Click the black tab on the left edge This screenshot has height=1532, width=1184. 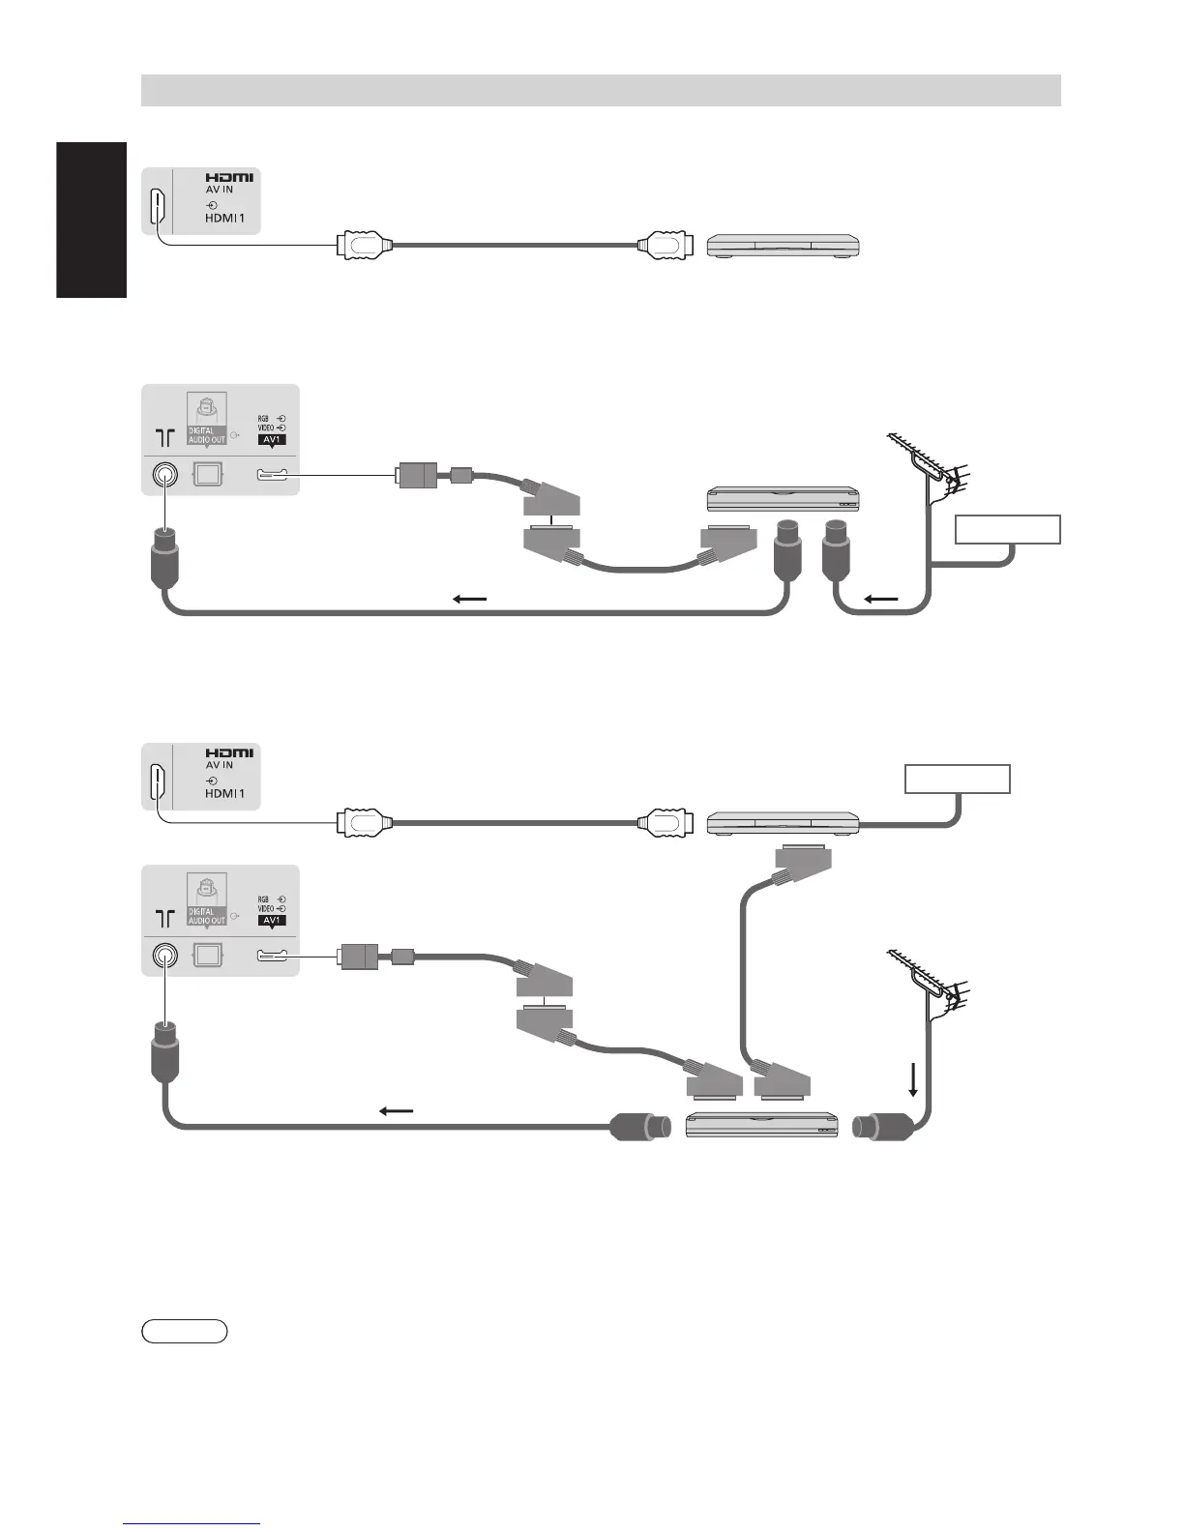92,220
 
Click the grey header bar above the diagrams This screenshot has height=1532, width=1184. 601,90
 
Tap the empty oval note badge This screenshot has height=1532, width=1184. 185,1331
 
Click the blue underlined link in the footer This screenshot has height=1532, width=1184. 192,1524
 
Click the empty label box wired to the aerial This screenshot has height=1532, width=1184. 1007,529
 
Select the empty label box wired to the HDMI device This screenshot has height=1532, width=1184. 958,779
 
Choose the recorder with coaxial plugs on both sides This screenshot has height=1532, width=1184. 761,1126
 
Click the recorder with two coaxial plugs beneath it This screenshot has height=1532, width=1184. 784,500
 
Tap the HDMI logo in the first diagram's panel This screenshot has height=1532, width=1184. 229,178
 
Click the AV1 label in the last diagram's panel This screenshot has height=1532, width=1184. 272,920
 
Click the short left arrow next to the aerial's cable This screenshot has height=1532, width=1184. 880,600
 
